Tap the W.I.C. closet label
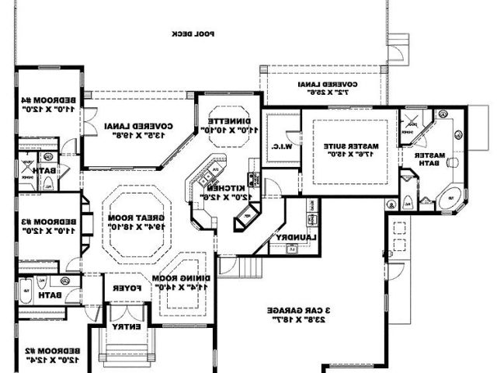tap(281, 145)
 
